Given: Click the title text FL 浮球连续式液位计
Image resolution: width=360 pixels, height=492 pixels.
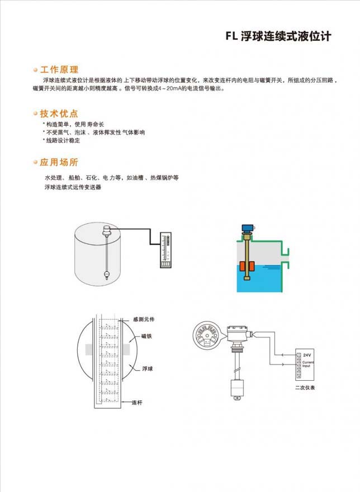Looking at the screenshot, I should click(x=278, y=37).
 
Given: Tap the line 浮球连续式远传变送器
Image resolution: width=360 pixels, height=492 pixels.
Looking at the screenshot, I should click(x=73, y=187).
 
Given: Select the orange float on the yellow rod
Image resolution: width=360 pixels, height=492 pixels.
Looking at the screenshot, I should click(x=245, y=268).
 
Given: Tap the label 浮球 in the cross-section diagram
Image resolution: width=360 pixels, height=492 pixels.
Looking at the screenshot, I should click(x=148, y=369).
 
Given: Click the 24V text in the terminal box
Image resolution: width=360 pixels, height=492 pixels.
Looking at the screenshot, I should click(x=307, y=356).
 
